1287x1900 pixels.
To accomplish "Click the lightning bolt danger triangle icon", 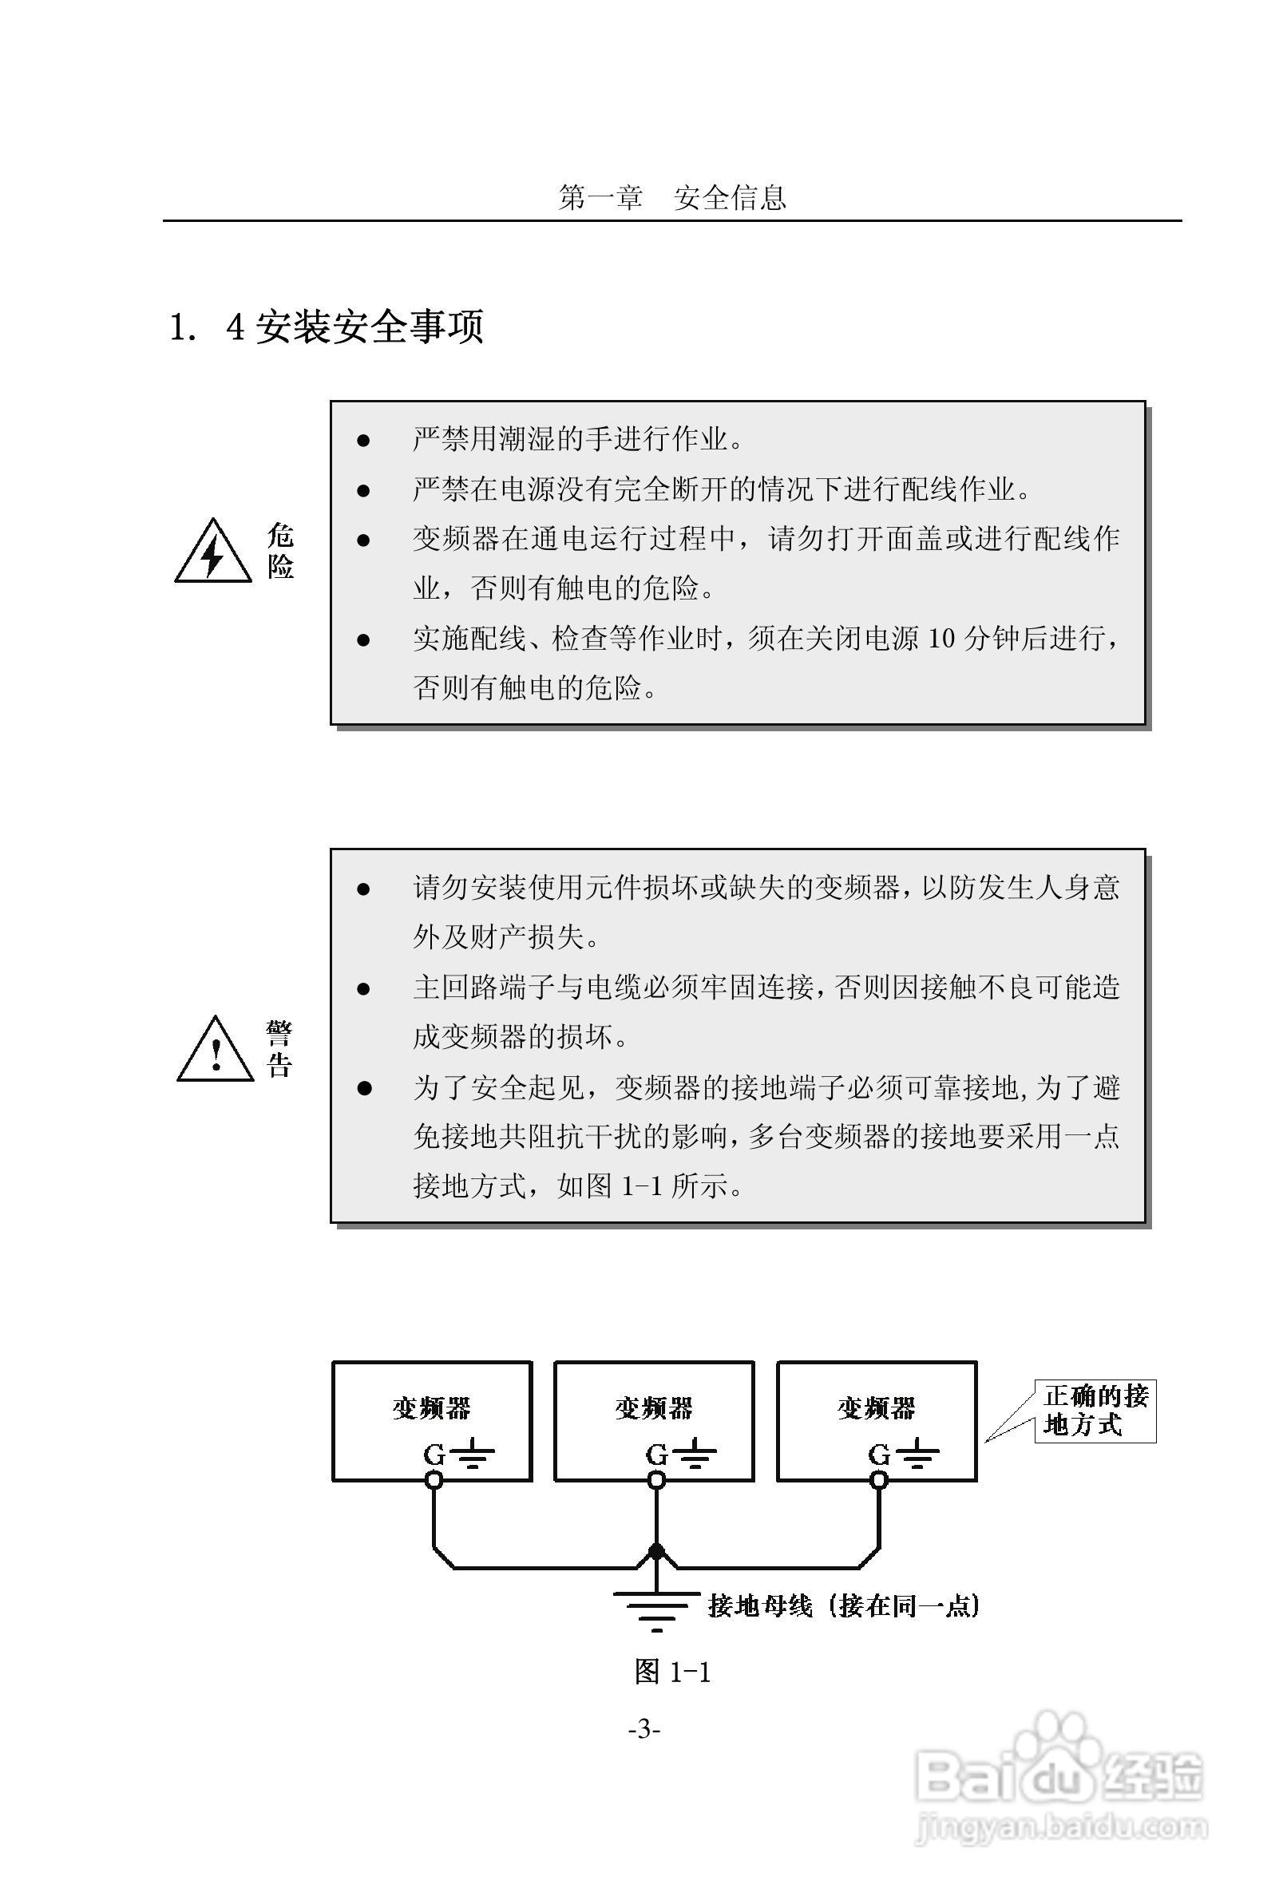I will [x=212, y=552].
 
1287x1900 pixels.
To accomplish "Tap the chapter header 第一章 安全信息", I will [x=671, y=198].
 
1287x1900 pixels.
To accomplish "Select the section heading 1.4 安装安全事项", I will [x=327, y=327].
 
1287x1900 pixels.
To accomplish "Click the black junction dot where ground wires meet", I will [x=655, y=1550].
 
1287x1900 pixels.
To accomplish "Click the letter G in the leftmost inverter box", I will [x=434, y=1455].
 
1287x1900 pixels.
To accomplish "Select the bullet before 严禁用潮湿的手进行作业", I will [x=364, y=441].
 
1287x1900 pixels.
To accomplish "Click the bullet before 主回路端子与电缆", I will [x=364, y=989].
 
